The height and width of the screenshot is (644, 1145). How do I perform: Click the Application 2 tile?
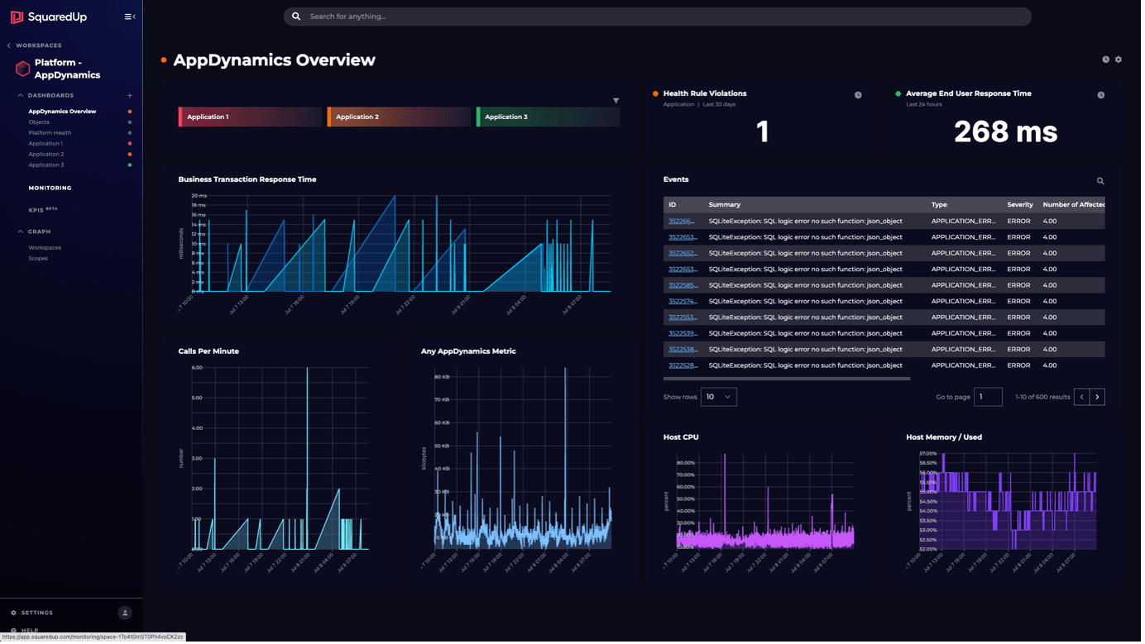[x=398, y=117]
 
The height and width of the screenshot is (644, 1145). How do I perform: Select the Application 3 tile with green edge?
[x=547, y=117]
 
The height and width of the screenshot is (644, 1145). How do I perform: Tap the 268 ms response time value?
[x=1005, y=131]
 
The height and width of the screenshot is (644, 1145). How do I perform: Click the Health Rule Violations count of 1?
[x=762, y=131]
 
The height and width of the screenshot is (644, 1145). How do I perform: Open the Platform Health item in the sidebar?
[x=50, y=132]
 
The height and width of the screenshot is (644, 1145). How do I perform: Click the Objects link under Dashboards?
[x=39, y=122]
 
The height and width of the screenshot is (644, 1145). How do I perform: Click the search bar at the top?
[x=657, y=17]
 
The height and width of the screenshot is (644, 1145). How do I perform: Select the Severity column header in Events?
[x=1019, y=204]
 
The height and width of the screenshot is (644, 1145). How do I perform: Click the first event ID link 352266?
[x=681, y=221]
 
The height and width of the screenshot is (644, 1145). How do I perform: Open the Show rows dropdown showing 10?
[x=718, y=397]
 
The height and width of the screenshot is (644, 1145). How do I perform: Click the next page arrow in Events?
[x=1097, y=397]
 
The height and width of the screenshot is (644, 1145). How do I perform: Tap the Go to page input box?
[x=988, y=397]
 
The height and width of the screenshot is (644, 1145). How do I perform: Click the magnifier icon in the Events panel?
[x=1099, y=181]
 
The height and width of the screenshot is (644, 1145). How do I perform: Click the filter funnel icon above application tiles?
[x=616, y=101]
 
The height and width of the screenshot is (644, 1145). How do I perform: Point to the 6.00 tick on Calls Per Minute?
[x=197, y=367]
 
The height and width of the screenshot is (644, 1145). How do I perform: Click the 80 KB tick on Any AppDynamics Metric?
[x=442, y=376]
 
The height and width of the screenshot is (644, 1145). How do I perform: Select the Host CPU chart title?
[x=680, y=436]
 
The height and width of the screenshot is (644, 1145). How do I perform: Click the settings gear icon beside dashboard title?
[x=1119, y=60]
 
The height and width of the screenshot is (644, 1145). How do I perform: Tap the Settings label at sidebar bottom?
[x=37, y=613]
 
